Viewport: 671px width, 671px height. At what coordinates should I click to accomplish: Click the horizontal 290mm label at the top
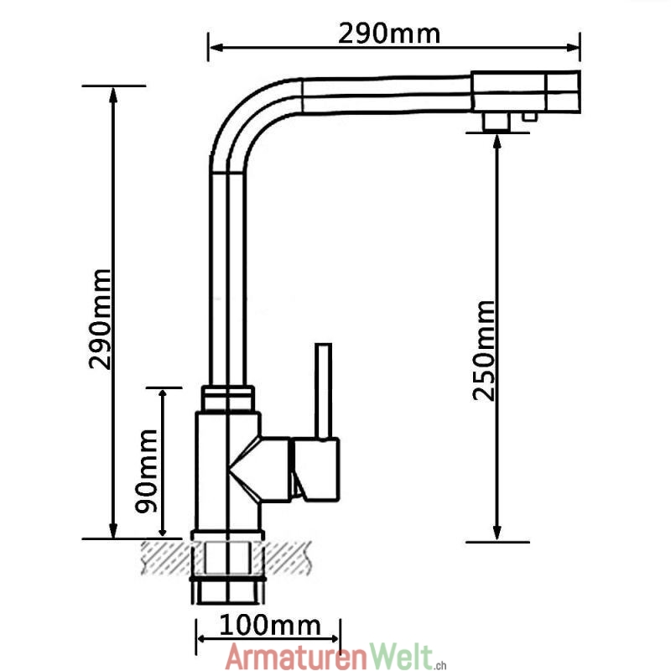[x=389, y=33]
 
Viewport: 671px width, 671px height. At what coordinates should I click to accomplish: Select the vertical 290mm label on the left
[x=101, y=320]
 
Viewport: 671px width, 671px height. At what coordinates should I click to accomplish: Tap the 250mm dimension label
[x=484, y=350]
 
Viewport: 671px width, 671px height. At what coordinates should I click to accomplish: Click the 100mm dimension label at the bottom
[x=270, y=625]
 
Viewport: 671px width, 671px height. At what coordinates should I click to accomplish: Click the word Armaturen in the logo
[x=289, y=656]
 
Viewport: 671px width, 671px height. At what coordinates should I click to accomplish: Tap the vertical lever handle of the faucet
[x=324, y=390]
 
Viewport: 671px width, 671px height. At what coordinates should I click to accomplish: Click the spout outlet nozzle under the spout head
[x=497, y=122]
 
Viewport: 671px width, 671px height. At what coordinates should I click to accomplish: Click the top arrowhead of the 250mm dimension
[x=497, y=141]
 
